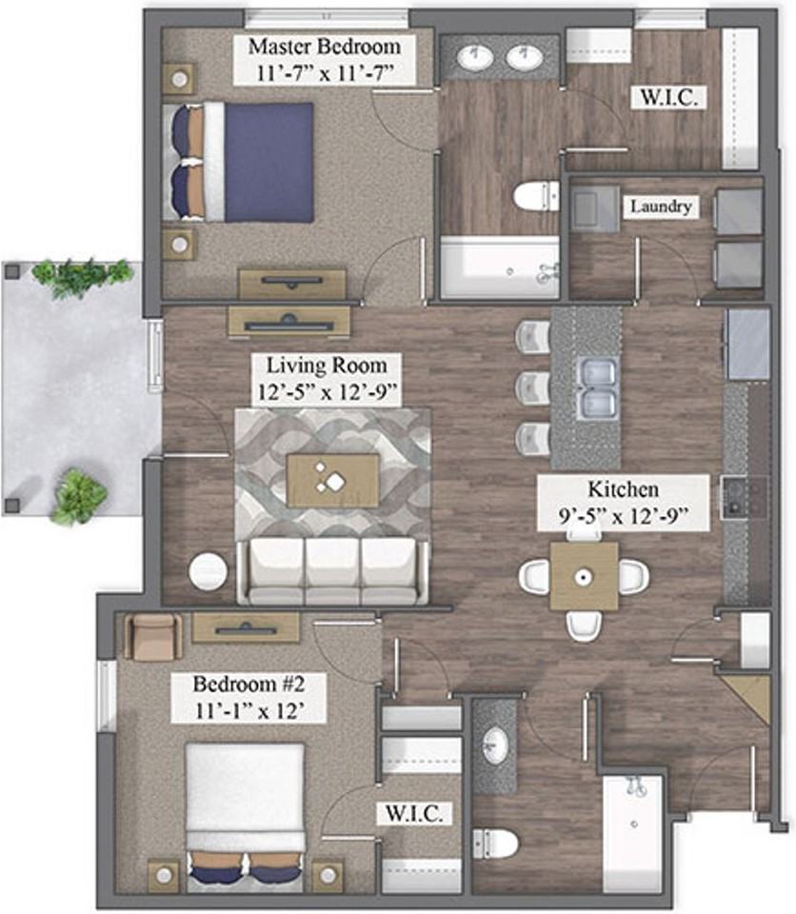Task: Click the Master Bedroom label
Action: pos(325,46)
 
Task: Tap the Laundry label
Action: pos(661,207)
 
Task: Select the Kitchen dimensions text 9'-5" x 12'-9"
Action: pos(624,515)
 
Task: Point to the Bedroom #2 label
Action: pos(249,684)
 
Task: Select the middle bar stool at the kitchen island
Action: pos(533,387)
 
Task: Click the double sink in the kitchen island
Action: pos(597,387)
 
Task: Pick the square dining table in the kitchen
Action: pos(584,577)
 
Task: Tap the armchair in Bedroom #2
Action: pos(152,637)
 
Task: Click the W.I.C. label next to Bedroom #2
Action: pos(414,814)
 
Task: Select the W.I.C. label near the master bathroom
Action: pos(668,97)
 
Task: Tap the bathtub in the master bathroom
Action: pos(500,268)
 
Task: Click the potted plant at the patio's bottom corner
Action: pos(79,497)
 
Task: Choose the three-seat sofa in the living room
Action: pos(332,570)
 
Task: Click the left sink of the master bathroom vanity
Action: pos(475,57)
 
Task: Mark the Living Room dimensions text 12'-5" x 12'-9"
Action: pos(328,391)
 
